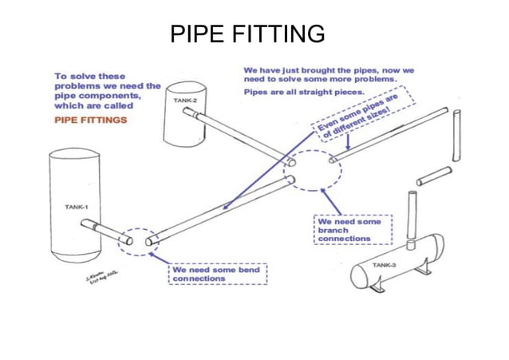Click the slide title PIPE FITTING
[x=248, y=34]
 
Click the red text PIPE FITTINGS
[x=90, y=121]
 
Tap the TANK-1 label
[x=77, y=207]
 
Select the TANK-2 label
[x=185, y=101]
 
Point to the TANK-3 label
[x=385, y=264]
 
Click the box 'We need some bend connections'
[x=217, y=274]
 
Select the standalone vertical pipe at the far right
[x=457, y=136]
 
